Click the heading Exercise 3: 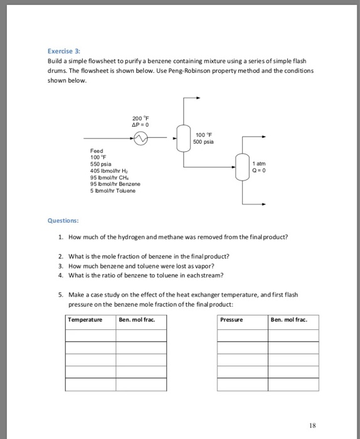65,51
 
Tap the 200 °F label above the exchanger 141,119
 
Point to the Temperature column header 85,320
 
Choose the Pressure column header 231,320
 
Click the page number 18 312,425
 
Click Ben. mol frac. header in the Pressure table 289,320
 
